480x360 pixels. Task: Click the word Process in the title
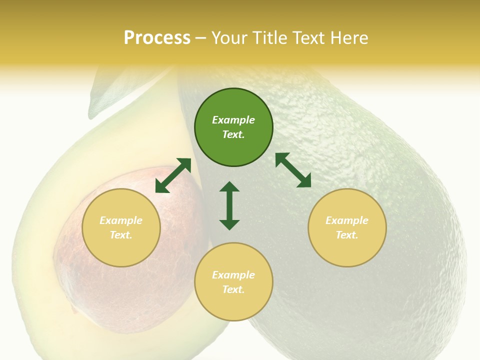[157, 38]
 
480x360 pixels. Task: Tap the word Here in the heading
[348, 38]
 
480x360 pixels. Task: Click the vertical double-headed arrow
[229, 205]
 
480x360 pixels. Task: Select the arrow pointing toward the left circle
[173, 175]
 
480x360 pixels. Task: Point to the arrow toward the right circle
[293, 170]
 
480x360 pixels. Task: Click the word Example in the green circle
[233, 120]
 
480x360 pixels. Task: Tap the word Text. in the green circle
[233, 134]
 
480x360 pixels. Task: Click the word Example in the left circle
[121, 220]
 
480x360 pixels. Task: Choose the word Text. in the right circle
[347, 235]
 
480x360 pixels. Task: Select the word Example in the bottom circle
[233, 275]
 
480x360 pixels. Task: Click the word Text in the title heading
[309, 38]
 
